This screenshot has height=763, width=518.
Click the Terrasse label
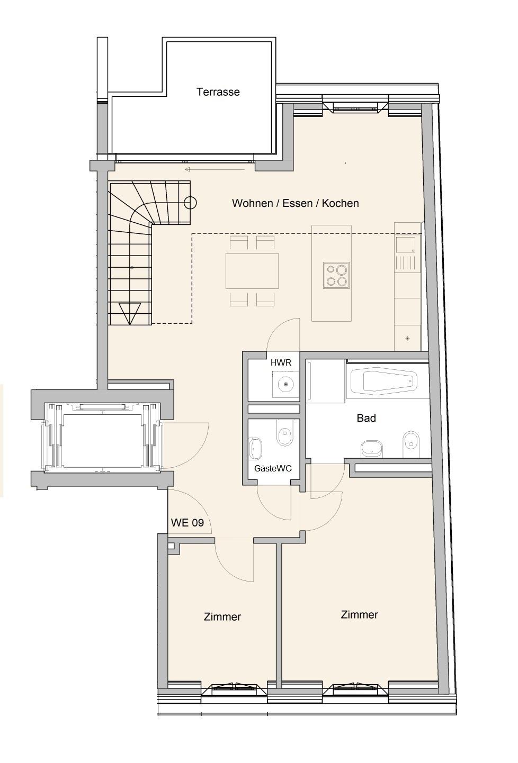[218, 92]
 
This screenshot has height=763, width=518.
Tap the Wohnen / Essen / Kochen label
[296, 203]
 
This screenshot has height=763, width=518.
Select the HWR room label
[281, 363]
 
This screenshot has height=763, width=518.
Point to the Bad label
[366, 418]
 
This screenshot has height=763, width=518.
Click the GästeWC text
[273, 468]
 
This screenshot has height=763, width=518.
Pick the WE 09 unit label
[187, 523]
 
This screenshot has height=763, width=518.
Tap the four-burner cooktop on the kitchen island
[336, 275]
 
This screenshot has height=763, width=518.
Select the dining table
[252, 271]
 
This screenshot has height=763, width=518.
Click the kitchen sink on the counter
[406, 244]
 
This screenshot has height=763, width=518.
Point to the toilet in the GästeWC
[285, 433]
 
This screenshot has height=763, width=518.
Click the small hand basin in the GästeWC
[255, 449]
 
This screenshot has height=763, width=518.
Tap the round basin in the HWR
[285, 384]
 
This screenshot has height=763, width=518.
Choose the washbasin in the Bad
[371, 449]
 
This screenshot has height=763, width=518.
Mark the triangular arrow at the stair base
[130, 313]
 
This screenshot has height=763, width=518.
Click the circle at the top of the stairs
[190, 203]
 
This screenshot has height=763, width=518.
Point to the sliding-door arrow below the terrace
[215, 170]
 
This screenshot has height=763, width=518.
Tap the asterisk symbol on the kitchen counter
[407, 338]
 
